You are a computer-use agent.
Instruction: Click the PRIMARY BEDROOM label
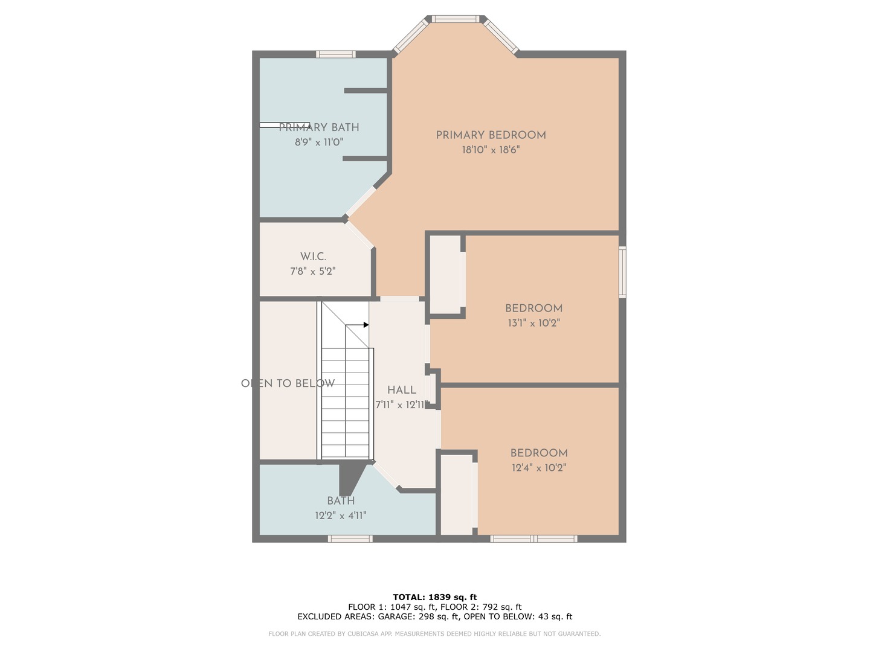[x=491, y=135]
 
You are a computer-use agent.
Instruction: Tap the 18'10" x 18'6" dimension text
[x=491, y=150]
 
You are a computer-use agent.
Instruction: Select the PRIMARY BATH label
[x=319, y=127]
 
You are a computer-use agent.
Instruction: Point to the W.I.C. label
[x=313, y=257]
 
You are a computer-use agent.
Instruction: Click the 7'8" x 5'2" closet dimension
[x=313, y=271]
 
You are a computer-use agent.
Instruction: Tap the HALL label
[x=402, y=390]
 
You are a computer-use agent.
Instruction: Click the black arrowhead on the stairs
[x=366, y=325]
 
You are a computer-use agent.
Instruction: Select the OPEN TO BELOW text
[x=288, y=383]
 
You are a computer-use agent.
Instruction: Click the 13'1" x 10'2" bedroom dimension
[x=534, y=323]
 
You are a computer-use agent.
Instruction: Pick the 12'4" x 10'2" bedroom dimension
[x=539, y=467]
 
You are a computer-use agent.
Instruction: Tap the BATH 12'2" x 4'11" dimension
[x=341, y=516]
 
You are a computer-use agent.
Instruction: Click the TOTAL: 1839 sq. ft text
[x=435, y=597]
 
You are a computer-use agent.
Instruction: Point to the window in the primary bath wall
[x=336, y=54]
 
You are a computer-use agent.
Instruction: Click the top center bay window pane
[x=456, y=19]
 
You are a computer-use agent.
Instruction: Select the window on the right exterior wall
[x=623, y=272]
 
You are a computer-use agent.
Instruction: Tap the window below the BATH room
[x=350, y=539]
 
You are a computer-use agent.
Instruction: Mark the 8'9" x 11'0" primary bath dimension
[x=319, y=142]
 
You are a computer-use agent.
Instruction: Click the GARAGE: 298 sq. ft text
[x=418, y=616]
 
